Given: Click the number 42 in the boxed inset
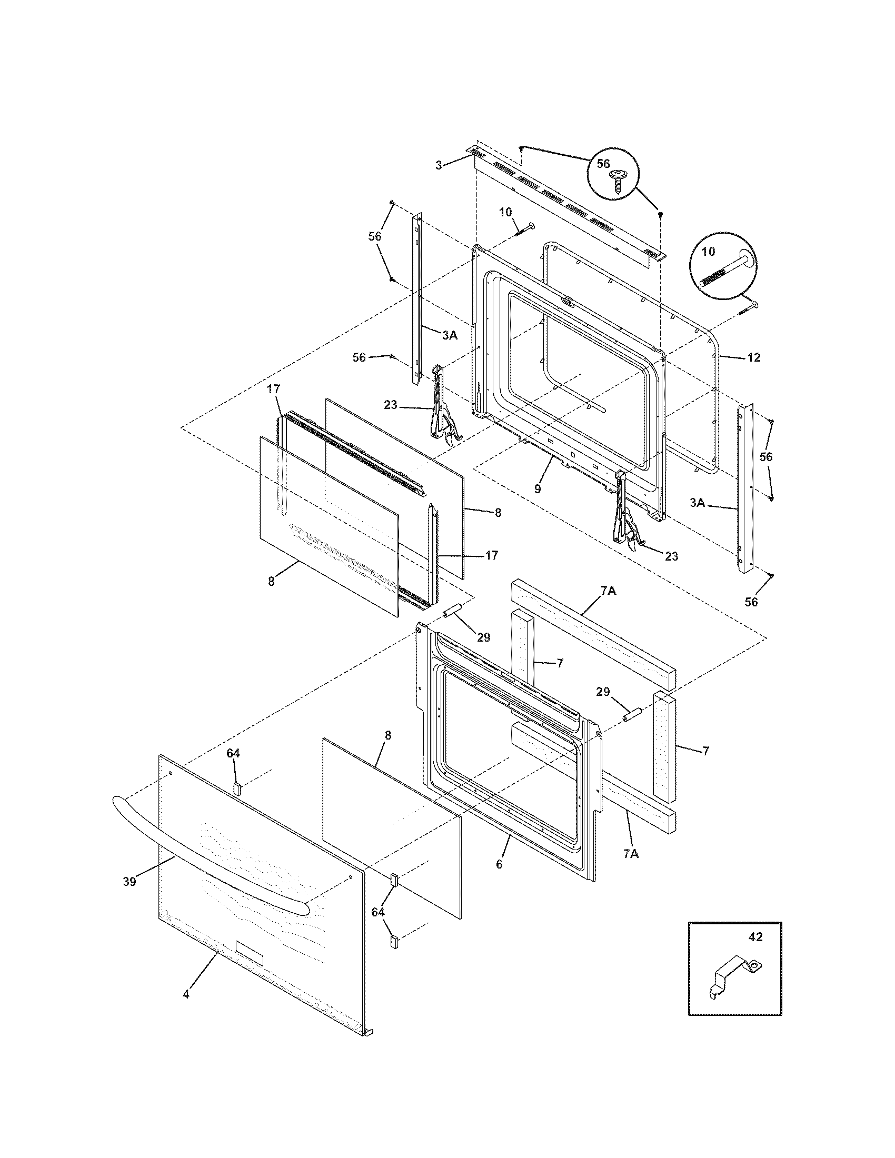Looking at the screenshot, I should coord(755,937).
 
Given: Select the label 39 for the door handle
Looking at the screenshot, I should coord(130,881).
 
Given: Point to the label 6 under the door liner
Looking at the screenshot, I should coord(499,864).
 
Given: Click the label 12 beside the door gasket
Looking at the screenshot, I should coord(753,357).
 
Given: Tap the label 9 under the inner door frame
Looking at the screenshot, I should coord(538,488).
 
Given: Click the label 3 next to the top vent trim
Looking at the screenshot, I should coord(439,165).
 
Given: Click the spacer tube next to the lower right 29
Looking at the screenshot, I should coord(632,714).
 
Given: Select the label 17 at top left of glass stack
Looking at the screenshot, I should coord(273,390).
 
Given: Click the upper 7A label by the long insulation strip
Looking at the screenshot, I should coord(608,591).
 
